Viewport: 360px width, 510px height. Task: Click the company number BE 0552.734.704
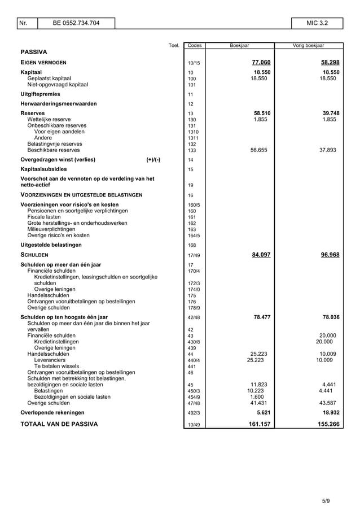[76, 23]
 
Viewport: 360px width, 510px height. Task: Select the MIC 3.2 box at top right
[317, 23]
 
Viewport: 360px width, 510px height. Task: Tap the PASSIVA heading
[34, 51]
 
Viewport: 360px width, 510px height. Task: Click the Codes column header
[194, 45]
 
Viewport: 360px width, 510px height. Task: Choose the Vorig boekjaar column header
[309, 45]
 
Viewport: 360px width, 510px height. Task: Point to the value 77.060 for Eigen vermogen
[261, 62]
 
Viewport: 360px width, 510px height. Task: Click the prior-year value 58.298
[330, 62]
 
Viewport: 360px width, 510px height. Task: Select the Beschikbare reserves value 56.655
[259, 150]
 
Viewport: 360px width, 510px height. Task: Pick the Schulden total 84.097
[261, 255]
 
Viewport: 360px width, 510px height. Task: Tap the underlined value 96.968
[330, 255]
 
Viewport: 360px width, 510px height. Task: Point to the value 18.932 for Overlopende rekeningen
[330, 412]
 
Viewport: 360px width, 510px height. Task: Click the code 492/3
[194, 413]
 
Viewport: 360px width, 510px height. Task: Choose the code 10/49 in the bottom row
[194, 425]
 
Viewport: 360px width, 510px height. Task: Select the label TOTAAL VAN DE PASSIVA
[59, 424]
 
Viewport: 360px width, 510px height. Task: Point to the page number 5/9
[326, 500]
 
